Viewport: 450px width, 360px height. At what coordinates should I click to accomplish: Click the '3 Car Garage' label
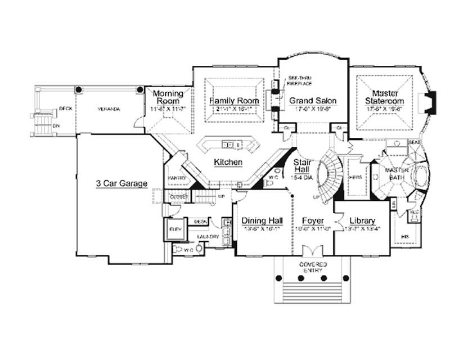tap(121, 183)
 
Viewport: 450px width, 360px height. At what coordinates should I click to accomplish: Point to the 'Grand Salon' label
tap(313, 101)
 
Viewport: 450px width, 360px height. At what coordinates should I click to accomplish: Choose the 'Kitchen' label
tap(228, 162)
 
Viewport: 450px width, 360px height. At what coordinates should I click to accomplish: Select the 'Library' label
tap(362, 220)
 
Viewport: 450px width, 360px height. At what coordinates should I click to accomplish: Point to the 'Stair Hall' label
tap(299, 165)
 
